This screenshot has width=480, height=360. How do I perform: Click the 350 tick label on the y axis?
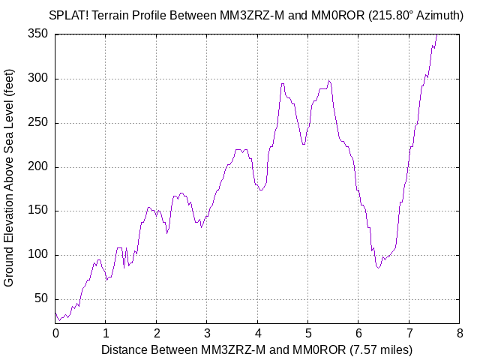[x=38, y=34]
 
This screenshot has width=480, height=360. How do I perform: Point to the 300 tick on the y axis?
[x=38, y=79]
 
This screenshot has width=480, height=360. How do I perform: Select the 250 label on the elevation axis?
[x=38, y=123]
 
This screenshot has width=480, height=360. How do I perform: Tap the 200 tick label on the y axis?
[x=38, y=167]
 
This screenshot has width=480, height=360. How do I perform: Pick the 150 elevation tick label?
[x=38, y=211]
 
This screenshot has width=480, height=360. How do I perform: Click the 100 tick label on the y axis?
[x=38, y=255]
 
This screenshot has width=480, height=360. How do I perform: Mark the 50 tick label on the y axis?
[x=41, y=299]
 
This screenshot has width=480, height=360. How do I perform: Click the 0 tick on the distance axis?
[x=55, y=331]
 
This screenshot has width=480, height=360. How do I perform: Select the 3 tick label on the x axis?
[x=207, y=331]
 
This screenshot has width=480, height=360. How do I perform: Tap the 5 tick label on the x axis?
[x=308, y=331]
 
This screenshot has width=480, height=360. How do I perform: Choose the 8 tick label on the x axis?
[x=460, y=331]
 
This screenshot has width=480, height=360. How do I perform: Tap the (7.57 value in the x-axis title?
[x=364, y=349]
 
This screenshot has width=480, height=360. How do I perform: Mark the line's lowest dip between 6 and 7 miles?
[x=379, y=267]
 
